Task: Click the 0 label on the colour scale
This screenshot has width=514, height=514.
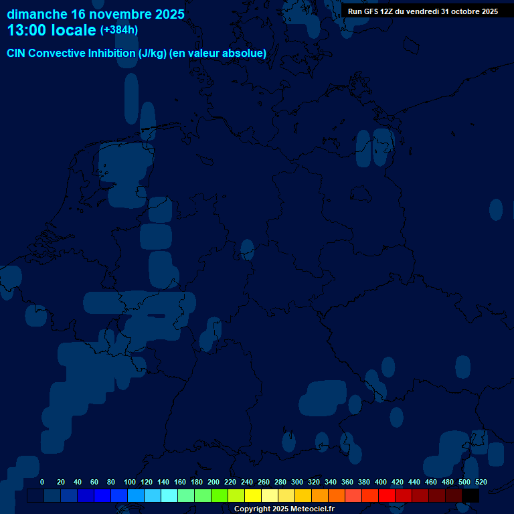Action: [x=42, y=482]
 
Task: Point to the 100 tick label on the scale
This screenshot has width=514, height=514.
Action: [x=130, y=482]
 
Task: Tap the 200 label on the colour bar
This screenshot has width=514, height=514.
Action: [x=213, y=482]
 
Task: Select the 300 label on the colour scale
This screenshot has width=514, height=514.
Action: [x=297, y=482]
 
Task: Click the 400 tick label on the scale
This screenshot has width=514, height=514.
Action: [x=381, y=482]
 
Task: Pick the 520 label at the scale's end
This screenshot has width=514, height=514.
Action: [x=481, y=482]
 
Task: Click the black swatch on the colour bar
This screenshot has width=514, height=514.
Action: [x=470, y=496]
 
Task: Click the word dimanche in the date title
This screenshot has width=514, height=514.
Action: [x=36, y=14]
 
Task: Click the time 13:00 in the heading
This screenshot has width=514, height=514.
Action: [x=26, y=30]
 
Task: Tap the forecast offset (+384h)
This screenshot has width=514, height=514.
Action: [x=119, y=30]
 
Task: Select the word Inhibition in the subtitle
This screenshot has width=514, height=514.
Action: [x=112, y=53]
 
